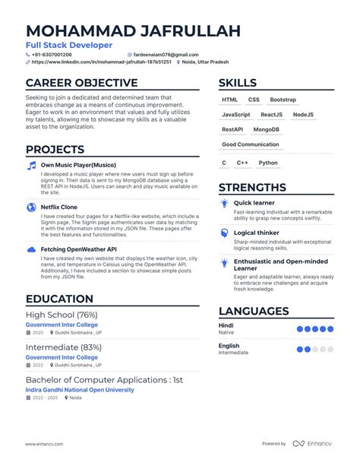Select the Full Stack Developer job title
(68, 46)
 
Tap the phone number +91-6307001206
(52, 55)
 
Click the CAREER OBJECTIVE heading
(81, 83)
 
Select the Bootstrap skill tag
(283, 100)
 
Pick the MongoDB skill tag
(267, 129)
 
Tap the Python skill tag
(268, 163)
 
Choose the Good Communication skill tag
(250, 144)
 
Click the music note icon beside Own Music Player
(31, 164)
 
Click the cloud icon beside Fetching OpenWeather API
(31, 249)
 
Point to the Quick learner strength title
(254, 203)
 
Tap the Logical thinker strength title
(256, 233)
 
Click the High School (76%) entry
(62, 315)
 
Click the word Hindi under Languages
(226, 325)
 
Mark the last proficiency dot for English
(331, 350)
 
